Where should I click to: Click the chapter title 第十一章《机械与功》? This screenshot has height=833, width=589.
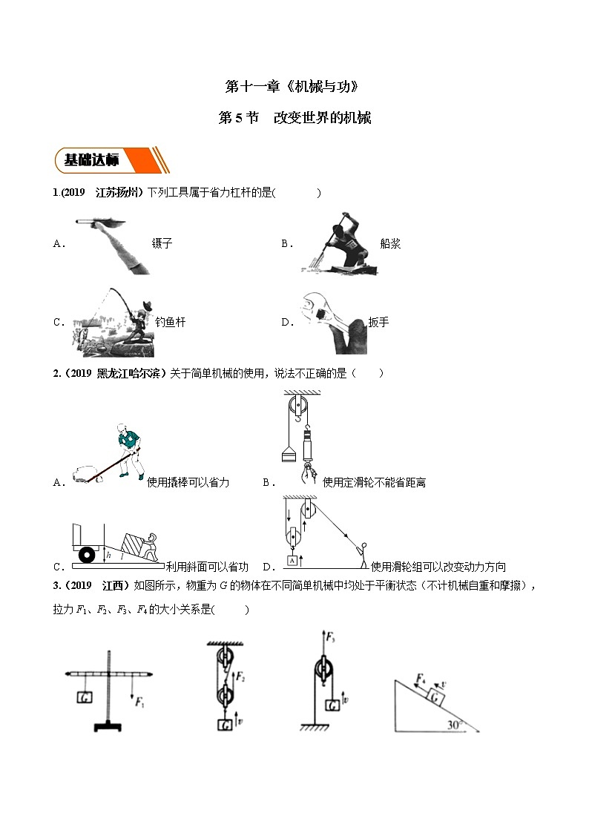coord(294,87)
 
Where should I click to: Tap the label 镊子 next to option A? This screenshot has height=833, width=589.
coord(162,243)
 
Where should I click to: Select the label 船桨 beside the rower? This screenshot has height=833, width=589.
coord(390,243)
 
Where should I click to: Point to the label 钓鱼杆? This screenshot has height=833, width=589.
coord(170,322)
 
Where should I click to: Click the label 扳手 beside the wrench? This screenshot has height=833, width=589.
coord(378,322)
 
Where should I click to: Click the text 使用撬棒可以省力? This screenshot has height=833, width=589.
coord(188,482)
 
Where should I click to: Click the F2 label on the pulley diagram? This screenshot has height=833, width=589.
coord(241,676)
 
